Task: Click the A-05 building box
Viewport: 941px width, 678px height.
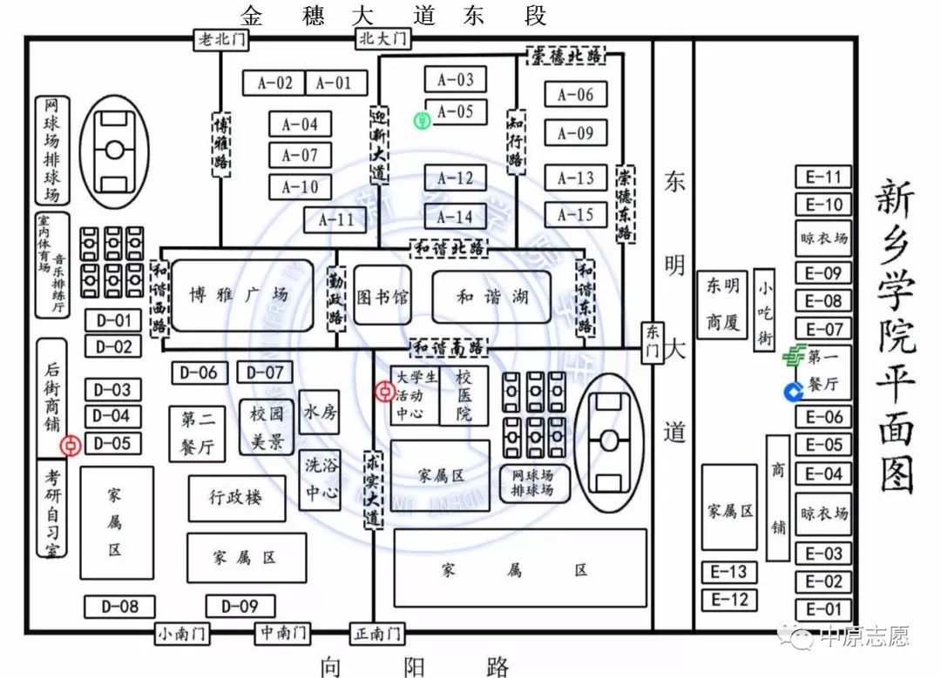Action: click(456, 111)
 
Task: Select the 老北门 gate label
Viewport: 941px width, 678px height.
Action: click(220, 38)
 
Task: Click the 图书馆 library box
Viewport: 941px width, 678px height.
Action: click(383, 297)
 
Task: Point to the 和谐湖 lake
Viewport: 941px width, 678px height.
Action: click(491, 297)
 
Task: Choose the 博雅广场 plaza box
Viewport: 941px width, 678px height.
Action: click(240, 295)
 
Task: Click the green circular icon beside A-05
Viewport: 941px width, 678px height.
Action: click(422, 121)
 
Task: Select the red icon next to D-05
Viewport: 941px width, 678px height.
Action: click(71, 446)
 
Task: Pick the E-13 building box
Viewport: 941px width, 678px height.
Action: click(729, 572)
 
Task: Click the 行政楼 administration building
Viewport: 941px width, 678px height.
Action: click(236, 498)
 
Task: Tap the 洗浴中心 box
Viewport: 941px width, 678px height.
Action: click(320, 480)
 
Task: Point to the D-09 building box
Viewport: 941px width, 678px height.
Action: click(240, 606)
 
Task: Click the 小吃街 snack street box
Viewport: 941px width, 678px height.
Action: click(764, 309)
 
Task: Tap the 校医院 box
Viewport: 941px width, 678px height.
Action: click(464, 395)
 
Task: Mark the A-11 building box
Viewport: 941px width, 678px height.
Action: click(335, 219)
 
